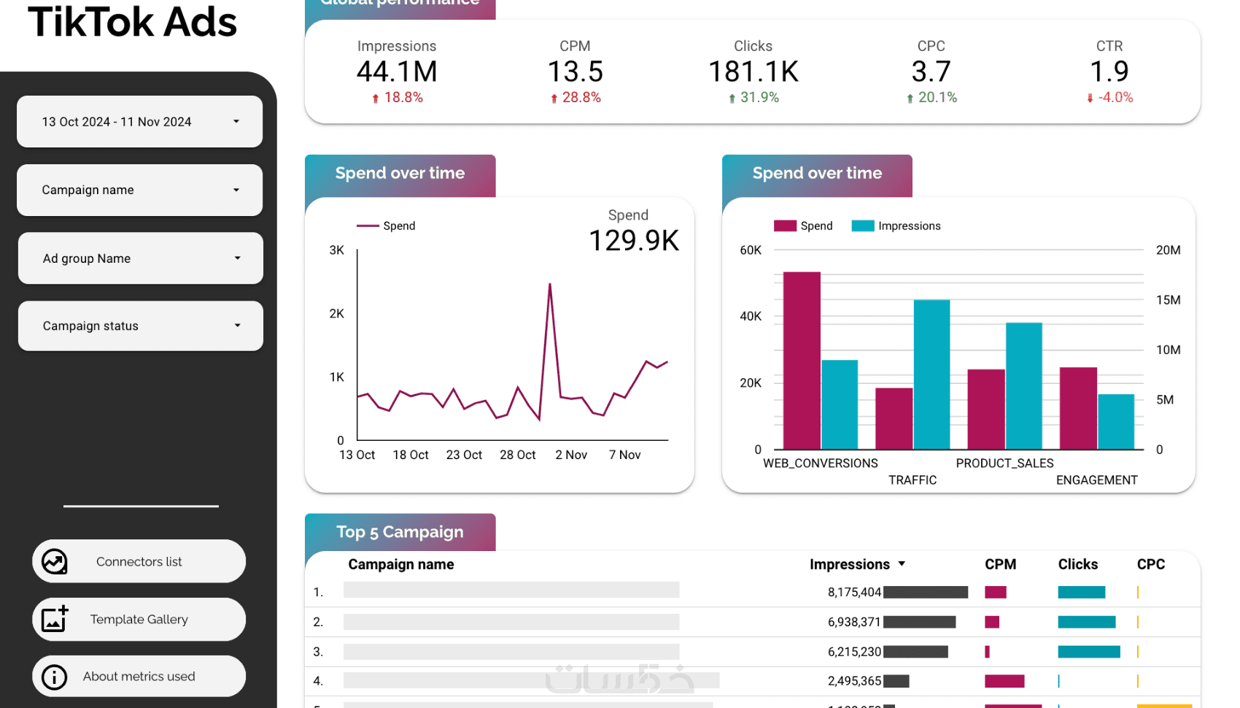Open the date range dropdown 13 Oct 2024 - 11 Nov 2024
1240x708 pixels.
(139, 122)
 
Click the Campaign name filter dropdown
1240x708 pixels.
(139, 190)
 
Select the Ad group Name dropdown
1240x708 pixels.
(140, 258)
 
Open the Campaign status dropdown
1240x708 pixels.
(140, 326)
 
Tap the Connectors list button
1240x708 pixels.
(139, 561)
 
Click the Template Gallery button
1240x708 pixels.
(139, 620)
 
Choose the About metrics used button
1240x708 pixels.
(139, 677)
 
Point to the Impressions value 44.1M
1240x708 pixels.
(397, 72)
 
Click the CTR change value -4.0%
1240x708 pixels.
(1115, 98)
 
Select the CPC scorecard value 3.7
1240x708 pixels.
(931, 72)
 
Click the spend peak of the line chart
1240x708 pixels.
(550, 284)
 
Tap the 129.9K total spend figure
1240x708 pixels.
(633, 240)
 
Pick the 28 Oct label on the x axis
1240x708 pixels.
(517, 455)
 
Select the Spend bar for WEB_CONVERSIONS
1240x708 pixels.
(802, 361)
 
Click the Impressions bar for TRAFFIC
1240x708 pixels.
(931, 374)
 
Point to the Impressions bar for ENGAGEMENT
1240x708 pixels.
(1116, 422)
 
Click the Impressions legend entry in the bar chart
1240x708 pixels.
(896, 226)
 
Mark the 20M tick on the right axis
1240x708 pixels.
(1168, 250)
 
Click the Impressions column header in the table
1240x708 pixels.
(850, 564)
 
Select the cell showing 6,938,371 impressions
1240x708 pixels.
(854, 622)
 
